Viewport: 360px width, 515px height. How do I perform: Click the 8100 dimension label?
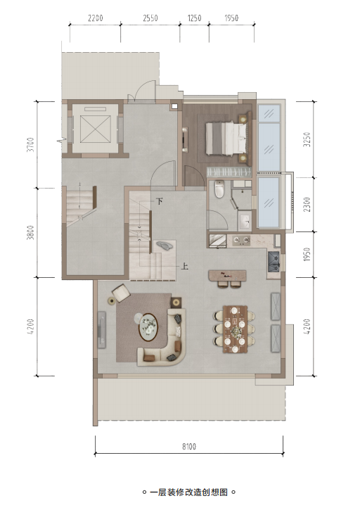[x=189, y=446]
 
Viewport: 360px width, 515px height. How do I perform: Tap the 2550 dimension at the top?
[x=150, y=18]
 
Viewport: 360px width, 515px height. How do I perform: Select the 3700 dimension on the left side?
[x=30, y=144]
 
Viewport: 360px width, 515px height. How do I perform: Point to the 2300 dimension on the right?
[x=307, y=204]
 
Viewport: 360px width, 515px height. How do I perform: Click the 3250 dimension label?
[x=307, y=139]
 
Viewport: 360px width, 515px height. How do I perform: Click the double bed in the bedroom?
[x=226, y=138]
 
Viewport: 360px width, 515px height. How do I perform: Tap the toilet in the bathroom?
[x=219, y=189]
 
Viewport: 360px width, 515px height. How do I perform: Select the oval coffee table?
[x=148, y=327]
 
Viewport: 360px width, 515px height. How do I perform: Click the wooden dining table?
[x=235, y=329]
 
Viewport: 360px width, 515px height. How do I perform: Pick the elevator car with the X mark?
[x=95, y=129]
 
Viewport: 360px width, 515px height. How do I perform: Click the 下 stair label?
[x=160, y=201]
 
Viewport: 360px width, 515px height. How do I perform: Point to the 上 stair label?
[x=185, y=266]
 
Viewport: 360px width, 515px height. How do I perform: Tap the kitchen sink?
[x=274, y=262]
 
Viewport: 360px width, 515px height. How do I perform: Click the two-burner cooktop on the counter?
[x=242, y=241]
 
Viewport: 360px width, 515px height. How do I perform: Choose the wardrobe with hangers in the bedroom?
[x=229, y=172]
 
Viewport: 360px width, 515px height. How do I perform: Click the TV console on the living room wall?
[x=102, y=330]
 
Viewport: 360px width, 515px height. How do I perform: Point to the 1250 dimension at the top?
[x=194, y=18]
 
